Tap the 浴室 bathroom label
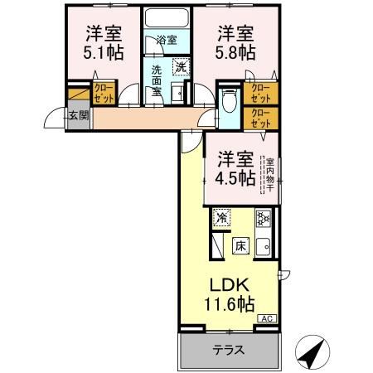point(166,39)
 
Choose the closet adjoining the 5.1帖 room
point(104,91)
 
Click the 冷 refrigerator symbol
point(221,218)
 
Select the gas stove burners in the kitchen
point(264,219)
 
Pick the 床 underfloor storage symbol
point(240,245)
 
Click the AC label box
point(268,318)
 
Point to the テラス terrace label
point(226,350)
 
